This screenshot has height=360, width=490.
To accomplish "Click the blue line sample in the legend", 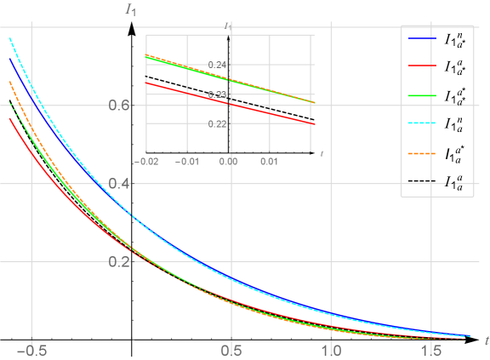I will [422, 39].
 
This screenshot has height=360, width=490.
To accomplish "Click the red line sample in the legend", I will [422, 66].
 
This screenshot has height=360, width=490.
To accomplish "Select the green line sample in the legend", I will [422, 95].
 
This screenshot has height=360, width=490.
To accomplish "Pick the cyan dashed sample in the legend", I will [422, 123].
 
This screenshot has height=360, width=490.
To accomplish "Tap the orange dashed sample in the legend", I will [422, 154].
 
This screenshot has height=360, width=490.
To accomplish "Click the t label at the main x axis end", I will [485, 340].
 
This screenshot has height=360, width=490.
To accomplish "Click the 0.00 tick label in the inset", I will [228, 160].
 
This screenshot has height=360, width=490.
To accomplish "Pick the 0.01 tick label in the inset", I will [268, 160].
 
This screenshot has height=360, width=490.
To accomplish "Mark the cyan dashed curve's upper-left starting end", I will [10, 38].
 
